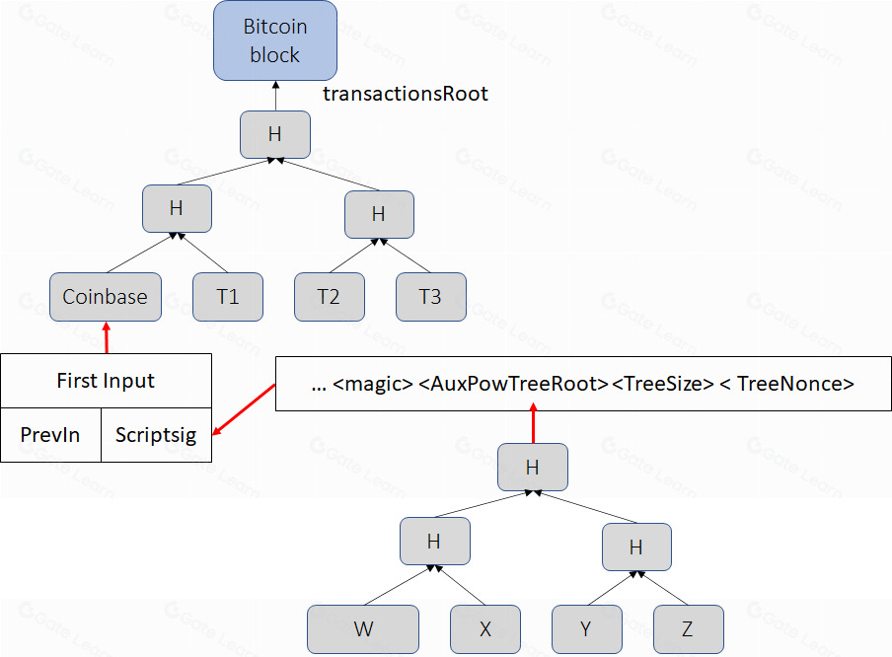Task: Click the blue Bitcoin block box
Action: [x=275, y=41]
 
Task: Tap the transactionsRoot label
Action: [x=406, y=95]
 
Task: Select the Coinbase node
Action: [x=105, y=297]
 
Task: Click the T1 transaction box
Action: [x=227, y=297]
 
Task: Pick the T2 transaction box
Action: [x=329, y=297]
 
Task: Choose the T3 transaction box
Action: [x=430, y=297]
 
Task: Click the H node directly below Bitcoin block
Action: [x=275, y=134]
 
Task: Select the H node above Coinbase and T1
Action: [x=177, y=208]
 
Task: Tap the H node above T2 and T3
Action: [x=379, y=213]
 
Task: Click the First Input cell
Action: [x=106, y=381]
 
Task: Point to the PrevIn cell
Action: [x=50, y=435]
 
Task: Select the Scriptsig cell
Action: [x=156, y=435]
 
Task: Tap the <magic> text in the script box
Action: [x=373, y=384]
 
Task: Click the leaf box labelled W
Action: [x=363, y=629]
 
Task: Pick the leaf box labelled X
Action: [x=484, y=629]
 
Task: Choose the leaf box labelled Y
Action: [x=586, y=629]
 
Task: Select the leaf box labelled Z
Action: [x=688, y=629]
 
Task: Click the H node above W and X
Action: [x=434, y=541]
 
